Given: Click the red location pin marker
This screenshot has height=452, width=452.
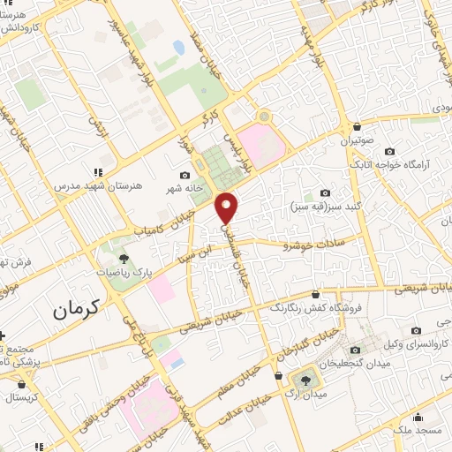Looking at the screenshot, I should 228,207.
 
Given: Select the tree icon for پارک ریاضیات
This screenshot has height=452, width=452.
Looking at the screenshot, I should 124,259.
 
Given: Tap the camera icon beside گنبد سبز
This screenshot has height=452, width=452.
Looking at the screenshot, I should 325,193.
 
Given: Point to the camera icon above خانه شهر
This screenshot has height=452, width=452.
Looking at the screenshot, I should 185,175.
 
